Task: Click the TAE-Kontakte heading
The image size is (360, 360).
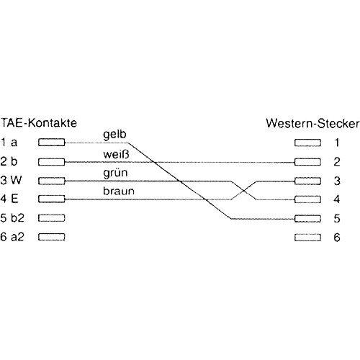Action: [x=39, y=123]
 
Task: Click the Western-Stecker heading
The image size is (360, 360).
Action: [x=312, y=124]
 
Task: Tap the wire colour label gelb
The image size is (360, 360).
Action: [x=114, y=135]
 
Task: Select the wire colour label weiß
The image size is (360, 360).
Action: [x=116, y=154]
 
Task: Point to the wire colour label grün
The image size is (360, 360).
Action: [x=115, y=173]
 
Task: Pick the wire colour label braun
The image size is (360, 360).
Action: [x=119, y=191]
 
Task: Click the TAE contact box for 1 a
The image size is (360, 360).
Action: [x=52, y=143]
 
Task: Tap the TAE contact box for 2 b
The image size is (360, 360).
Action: [x=52, y=162]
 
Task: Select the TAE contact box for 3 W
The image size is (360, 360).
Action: [x=52, y=181]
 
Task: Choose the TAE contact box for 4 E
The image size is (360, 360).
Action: [x=52, y=199]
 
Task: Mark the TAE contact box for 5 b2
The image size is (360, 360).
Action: [x=52, y=218]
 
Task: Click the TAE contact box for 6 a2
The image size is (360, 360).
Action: [x=52, y=237]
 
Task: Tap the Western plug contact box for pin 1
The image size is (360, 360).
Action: [x=307, y=143]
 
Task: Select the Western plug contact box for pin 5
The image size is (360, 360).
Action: [x=307, y=219]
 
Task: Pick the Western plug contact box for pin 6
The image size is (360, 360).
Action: [x=307, y=238]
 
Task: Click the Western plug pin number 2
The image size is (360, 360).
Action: [x=337, y=162]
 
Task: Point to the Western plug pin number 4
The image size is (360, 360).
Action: [x=337, y=199]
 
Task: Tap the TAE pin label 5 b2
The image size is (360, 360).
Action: [x=12, y=217]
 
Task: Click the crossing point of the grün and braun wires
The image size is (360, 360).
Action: [x=243, y=191]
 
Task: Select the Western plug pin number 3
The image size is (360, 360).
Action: [x=337, y=181]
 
